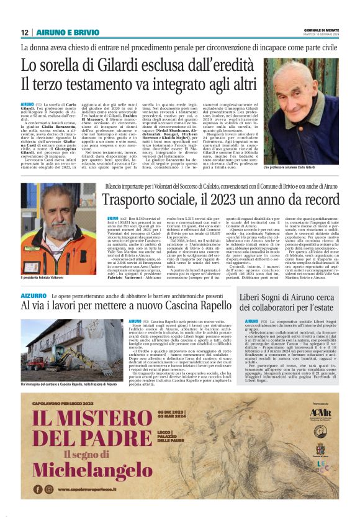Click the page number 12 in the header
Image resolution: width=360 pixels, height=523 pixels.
coord(25,32)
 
